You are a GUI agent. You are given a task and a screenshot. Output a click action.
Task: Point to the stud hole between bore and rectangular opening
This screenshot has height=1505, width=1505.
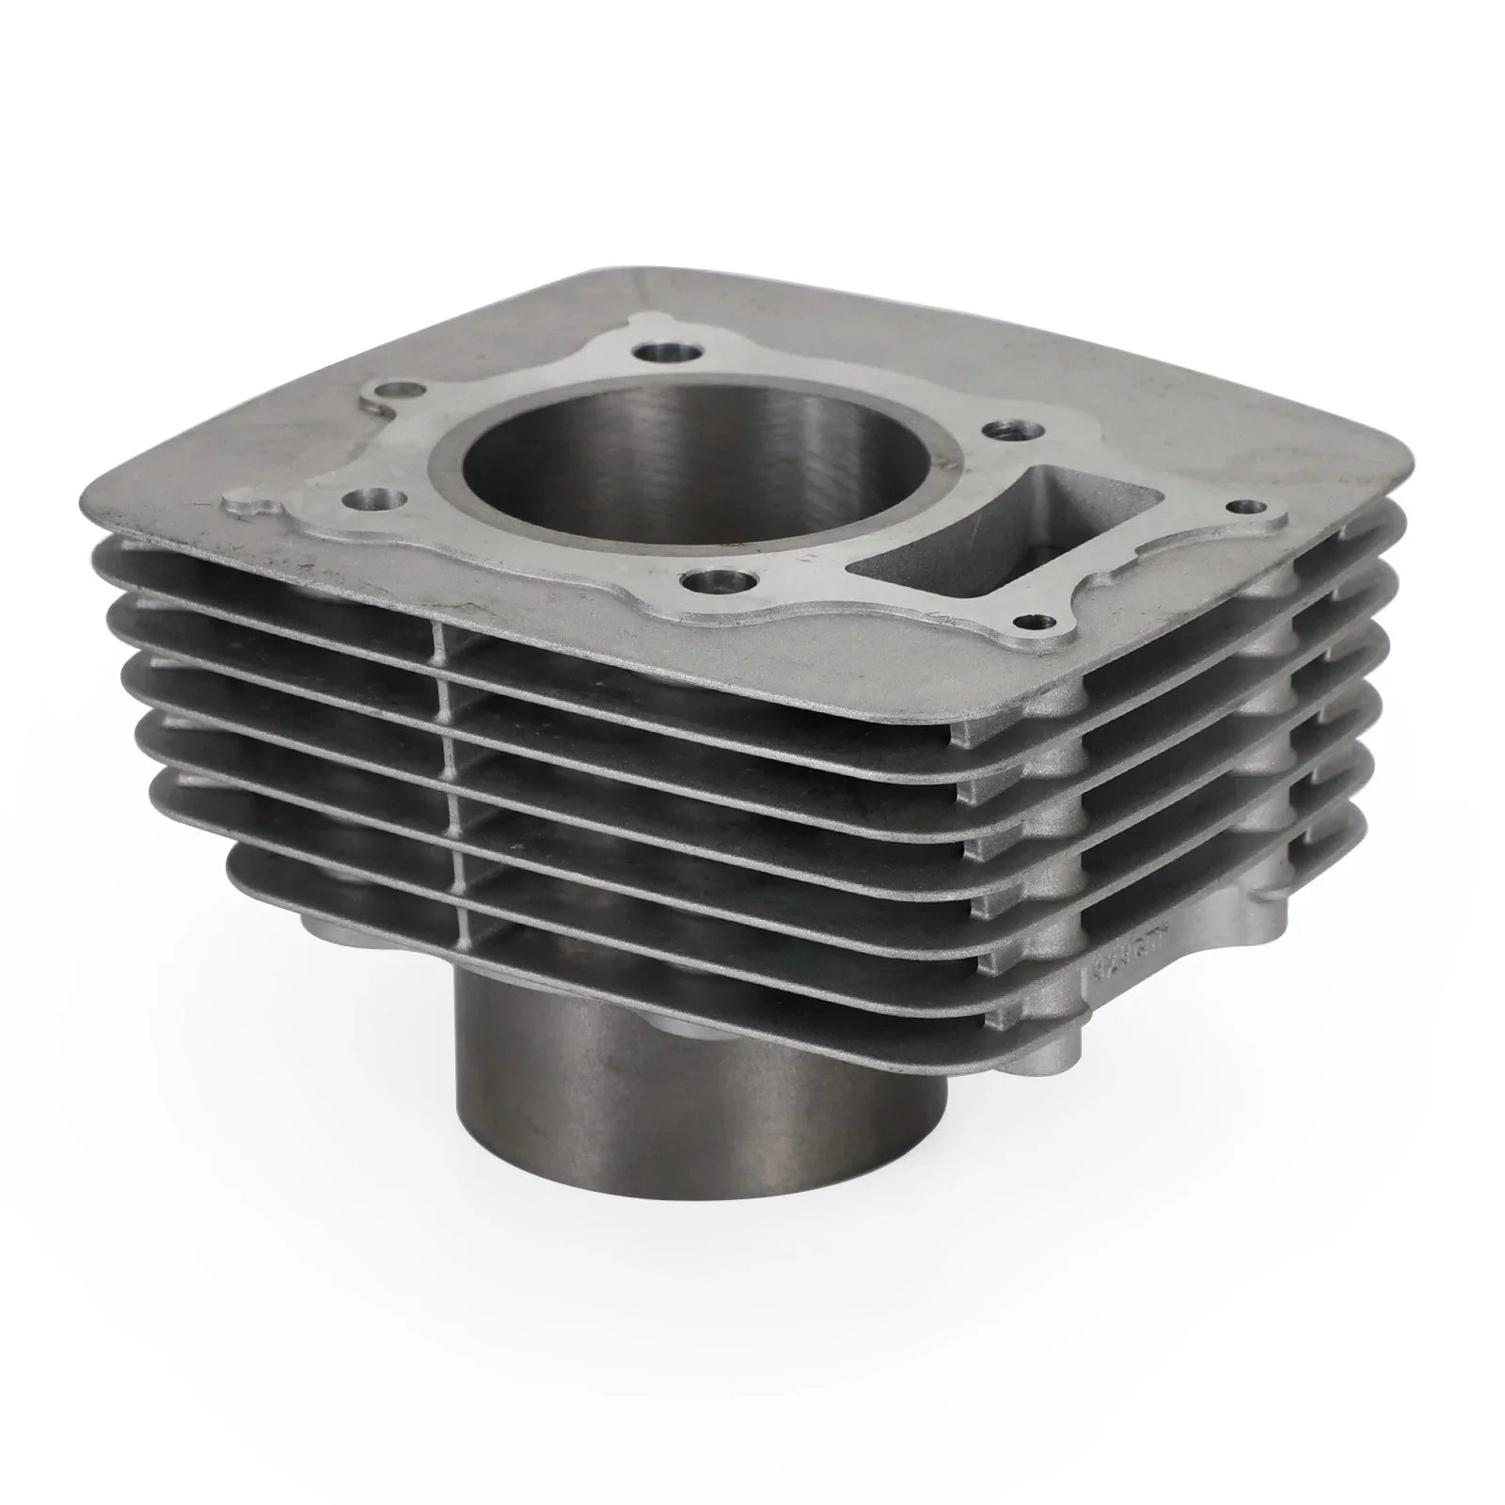point(1000,431)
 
